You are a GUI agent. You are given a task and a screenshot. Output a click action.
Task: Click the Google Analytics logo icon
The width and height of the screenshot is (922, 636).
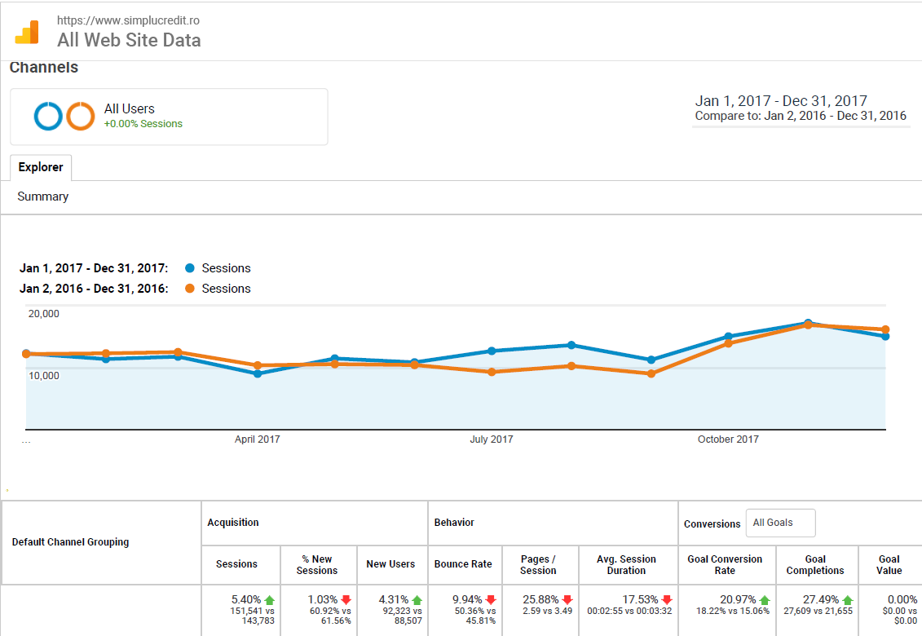(27, 32)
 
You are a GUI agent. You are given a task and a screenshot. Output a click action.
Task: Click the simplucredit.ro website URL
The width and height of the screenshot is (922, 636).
(128, 20)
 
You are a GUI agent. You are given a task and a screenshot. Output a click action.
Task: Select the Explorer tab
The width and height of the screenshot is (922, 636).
(41, 167)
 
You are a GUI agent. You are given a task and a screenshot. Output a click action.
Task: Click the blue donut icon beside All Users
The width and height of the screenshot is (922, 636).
(48, 117)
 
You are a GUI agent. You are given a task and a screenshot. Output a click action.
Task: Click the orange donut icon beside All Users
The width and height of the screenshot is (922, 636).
(81, 117)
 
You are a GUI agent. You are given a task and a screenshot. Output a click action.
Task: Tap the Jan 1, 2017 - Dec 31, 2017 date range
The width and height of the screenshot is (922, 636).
(781, 101)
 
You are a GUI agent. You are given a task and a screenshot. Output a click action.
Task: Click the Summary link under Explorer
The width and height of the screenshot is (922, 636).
(43, 197)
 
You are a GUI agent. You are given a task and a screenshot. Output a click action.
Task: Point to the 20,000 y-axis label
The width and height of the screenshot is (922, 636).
(44, 314)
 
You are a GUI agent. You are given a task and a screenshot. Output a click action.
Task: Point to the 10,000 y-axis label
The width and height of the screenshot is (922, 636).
(44, 376)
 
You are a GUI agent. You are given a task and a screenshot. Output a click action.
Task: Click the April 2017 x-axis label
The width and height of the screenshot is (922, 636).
(257, 439)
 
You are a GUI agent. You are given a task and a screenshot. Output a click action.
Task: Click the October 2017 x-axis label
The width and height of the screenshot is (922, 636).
(727, 439)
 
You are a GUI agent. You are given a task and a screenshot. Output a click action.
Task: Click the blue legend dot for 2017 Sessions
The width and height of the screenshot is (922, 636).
(190, 268)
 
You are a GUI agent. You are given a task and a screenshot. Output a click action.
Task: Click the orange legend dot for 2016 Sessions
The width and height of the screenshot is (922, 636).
(190, 289)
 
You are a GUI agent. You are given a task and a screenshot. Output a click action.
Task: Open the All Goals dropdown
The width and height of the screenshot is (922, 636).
(780, 523)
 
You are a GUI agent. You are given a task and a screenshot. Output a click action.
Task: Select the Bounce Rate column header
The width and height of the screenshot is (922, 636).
(463, 564)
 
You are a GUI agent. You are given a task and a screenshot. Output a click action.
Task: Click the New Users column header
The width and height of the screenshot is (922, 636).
(390, 564)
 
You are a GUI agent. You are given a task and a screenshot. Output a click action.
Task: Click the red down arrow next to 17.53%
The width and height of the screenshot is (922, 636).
(667, 600)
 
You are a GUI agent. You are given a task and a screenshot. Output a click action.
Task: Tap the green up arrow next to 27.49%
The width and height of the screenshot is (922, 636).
(848, 600)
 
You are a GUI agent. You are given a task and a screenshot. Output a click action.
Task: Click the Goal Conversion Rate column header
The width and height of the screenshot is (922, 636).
(725, 564)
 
